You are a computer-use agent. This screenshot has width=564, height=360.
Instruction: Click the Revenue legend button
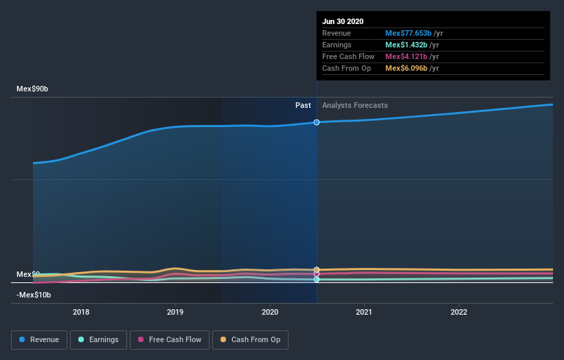click(39, 339)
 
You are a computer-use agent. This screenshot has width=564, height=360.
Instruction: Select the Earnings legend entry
click(98, 339)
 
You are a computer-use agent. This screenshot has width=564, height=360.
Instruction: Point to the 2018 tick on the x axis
click(81, 312)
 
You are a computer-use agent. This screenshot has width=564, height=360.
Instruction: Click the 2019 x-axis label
click(175, 312)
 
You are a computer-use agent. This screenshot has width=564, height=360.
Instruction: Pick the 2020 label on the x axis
click(270, 312)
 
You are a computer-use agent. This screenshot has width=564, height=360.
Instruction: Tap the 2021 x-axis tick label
click(364, 312)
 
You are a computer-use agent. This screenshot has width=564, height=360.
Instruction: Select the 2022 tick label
click(458, 312)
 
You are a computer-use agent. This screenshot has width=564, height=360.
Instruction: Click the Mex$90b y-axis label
click(33, 89)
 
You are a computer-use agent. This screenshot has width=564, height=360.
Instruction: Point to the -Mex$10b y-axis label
click(34, 295)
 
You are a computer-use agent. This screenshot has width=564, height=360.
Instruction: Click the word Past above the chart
click(303, 105)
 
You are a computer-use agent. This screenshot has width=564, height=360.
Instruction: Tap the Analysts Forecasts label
click(354, 105)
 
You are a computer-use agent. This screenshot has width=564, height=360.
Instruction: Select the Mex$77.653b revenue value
click(408, 33)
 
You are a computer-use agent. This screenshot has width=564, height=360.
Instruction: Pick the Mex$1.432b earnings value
click(406, 45)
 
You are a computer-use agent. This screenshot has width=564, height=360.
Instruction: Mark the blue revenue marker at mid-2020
click(317, 122)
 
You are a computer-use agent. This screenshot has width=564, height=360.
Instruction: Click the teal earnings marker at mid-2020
click(317, 280)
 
